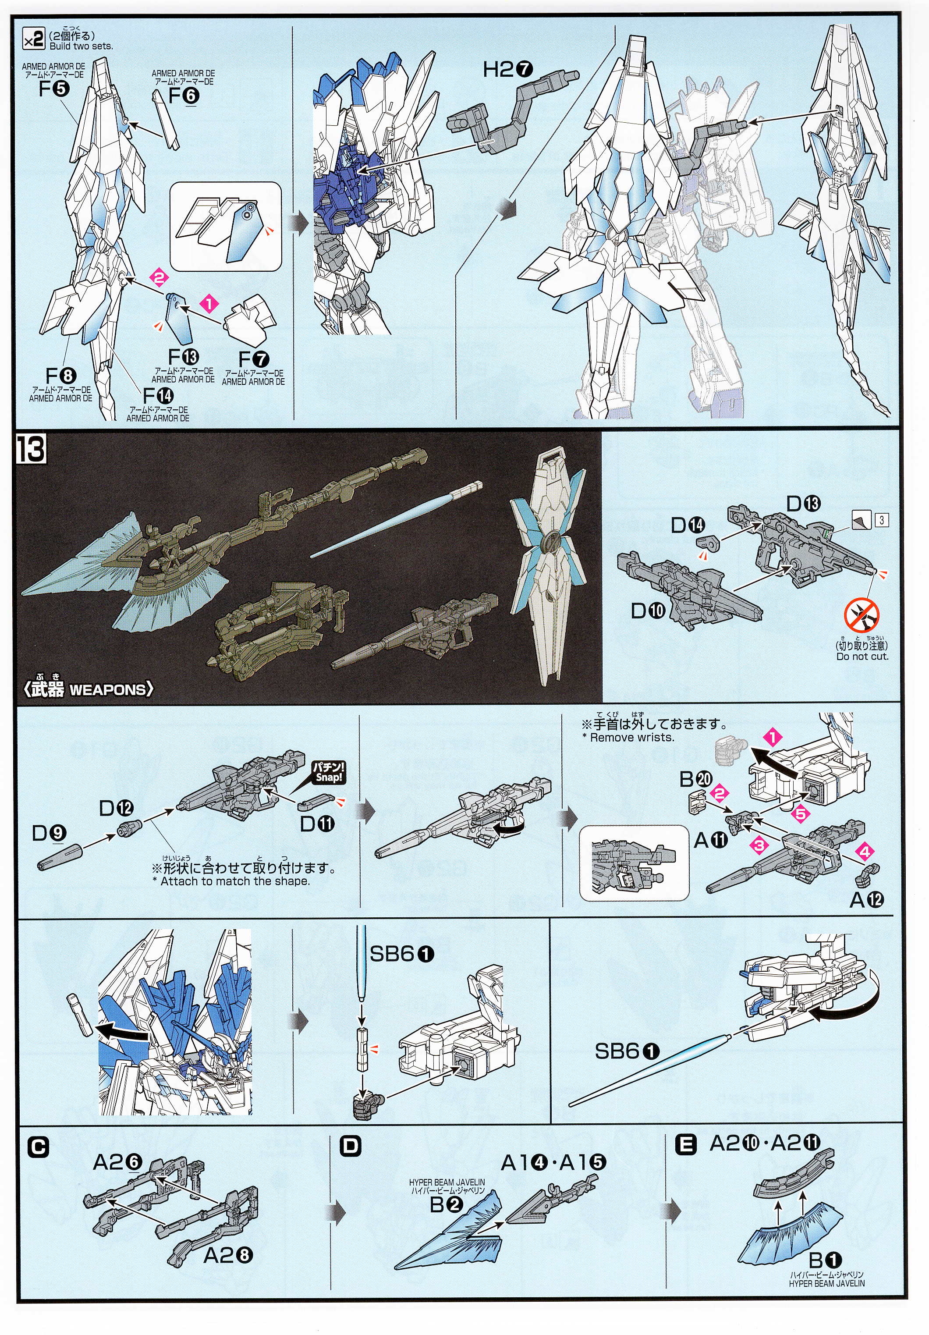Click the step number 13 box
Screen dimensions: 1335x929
31,450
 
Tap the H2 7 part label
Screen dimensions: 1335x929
507,70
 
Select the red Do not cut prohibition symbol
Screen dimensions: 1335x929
862,616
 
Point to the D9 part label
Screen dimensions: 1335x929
49,833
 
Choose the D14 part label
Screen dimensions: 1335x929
687,525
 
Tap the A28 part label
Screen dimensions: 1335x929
228,1255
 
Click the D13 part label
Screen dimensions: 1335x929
803,503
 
